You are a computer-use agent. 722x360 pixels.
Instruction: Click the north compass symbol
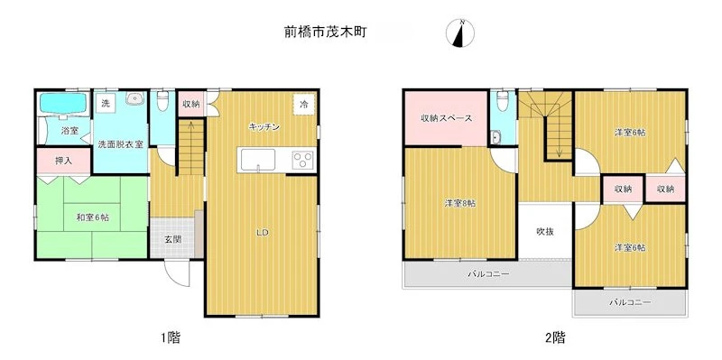460,33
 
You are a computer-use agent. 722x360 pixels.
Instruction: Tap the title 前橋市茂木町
325,32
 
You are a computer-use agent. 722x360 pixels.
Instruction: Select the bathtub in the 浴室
63,104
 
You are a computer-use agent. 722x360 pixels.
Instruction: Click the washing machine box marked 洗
106,103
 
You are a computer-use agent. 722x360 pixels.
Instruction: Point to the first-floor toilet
162,100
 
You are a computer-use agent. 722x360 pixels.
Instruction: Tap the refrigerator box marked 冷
304,104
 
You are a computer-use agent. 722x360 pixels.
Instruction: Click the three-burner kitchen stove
302,160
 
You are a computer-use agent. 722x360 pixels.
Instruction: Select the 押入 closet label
63,161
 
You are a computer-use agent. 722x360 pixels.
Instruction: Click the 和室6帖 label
93,217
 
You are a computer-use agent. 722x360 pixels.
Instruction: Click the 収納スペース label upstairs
446,118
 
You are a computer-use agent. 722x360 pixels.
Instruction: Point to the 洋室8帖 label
460,204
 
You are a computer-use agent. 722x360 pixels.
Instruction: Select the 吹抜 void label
545,232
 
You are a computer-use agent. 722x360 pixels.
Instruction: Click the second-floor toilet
503,101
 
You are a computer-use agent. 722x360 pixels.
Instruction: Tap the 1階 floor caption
171,338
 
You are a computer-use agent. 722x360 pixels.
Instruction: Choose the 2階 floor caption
555,338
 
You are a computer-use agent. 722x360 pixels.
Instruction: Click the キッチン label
264,127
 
